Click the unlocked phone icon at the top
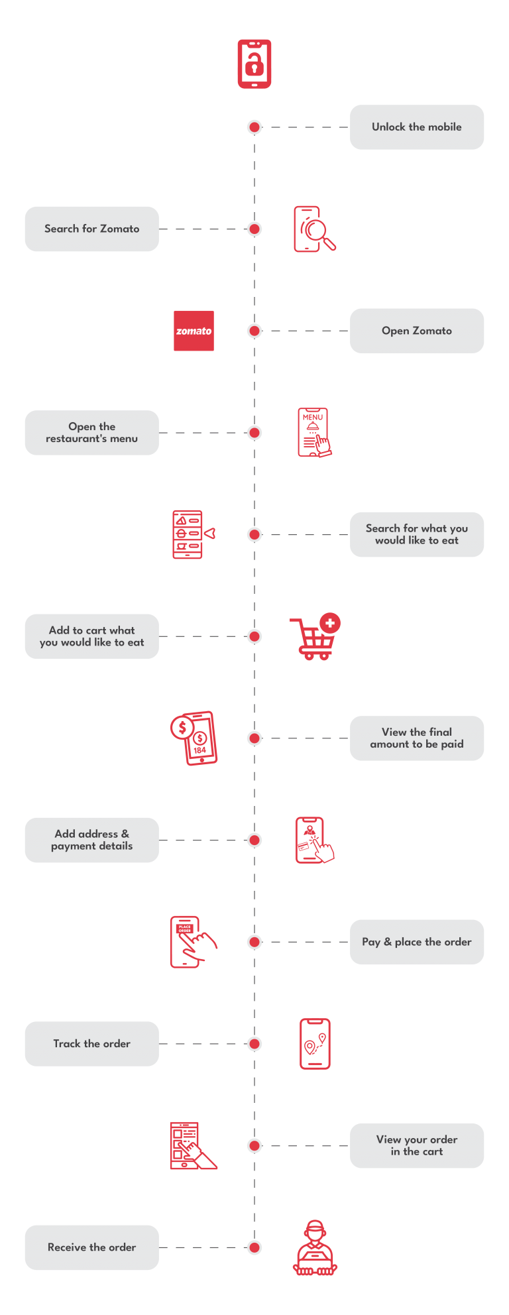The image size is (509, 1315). pos(254,64)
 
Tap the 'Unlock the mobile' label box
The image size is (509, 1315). pos(417,127)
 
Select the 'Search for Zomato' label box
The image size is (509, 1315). pos(91,229)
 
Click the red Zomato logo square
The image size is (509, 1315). pos(194,331)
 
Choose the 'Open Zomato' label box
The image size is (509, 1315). pos(417,331)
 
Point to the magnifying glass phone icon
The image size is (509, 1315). pos(314,229)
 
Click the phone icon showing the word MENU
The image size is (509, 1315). pos(314,432)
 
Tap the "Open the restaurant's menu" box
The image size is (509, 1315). pos(91,433)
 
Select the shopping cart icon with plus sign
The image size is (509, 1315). pos(315,637)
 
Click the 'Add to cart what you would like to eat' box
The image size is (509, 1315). pos(91,636)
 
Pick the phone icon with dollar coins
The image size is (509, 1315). pos(194,738)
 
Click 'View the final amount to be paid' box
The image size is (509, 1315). pos(417,738)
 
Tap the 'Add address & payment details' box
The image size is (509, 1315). pos(91,840)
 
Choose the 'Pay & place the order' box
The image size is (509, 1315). pos(417,942)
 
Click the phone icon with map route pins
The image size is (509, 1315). pos(315,1044)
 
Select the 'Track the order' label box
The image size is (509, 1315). pos(91,1044)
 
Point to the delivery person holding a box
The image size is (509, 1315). pos(315,1247)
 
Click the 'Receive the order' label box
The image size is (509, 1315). pos(91,1247)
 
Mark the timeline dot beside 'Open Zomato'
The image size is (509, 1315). pos(254,331)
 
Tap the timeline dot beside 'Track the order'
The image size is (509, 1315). pos(254,1044)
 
